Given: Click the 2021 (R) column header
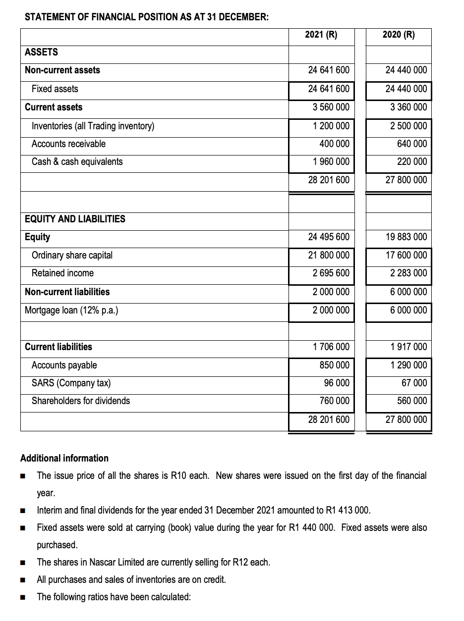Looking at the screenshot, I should pyautogui.click(x=321, y=35).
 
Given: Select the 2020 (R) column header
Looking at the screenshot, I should pyautogui.click(x=399, y=35).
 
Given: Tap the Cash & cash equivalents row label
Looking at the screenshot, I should pyautogui.click(x=77, y=162).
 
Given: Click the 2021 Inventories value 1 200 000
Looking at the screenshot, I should pyautogui.click(x=328, y=126).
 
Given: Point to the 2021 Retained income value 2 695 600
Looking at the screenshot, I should pyautogui.click(x=328, y=273).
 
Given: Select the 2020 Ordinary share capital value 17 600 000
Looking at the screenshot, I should pyautogui.click(x=406, y=256).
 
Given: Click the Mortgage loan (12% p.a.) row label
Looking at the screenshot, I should pyautogui.click(x=71, y=310).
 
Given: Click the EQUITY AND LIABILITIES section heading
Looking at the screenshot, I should pyautogui.click(x=75, y=219).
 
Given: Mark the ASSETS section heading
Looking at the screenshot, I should pyautogui.click(x=41, y=52).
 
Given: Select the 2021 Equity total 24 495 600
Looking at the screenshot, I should pyautogui.click(x=328, y=237).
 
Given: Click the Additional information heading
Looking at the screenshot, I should pyautogui.click(x=64, y=458).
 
